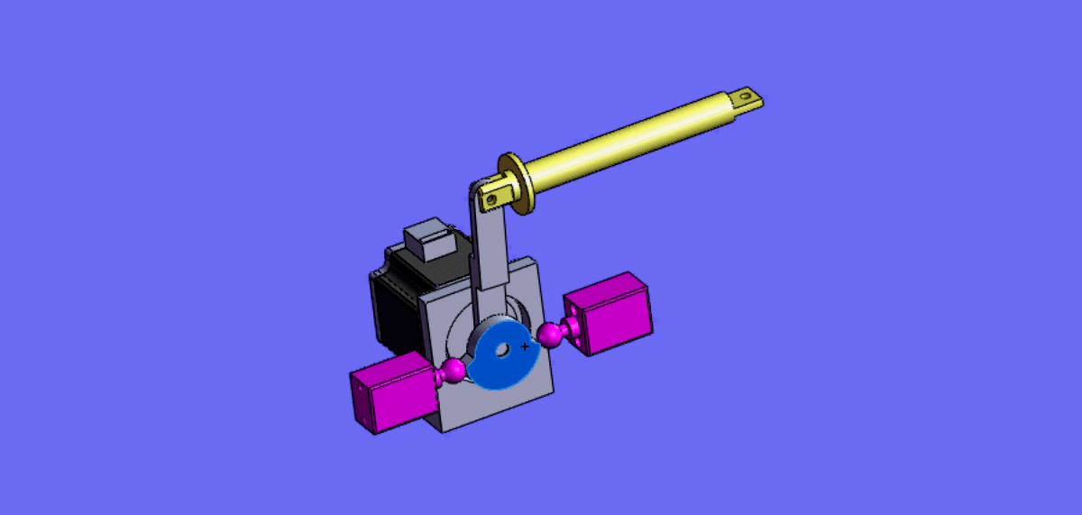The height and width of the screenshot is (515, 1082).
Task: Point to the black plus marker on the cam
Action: point(525,345)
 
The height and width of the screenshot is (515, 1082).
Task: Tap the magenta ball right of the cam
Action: point(549,336)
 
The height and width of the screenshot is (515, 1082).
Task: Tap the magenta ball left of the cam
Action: point(454,370)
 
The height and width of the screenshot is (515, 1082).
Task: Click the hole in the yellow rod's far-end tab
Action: point(746,94)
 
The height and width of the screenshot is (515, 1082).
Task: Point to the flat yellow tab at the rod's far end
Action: point(747,97)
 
